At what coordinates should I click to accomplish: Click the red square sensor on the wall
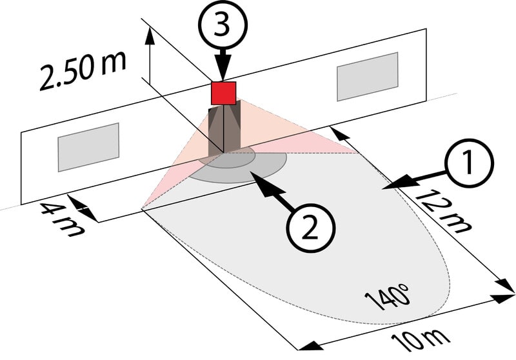(x=224, y=93)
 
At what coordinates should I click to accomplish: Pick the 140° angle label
(x=388, y=297)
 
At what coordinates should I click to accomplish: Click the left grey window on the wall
(x=89, y=147)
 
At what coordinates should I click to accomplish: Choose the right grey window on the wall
(x=366, y=77)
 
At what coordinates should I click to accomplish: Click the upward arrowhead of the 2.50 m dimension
(x=150, y=34)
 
